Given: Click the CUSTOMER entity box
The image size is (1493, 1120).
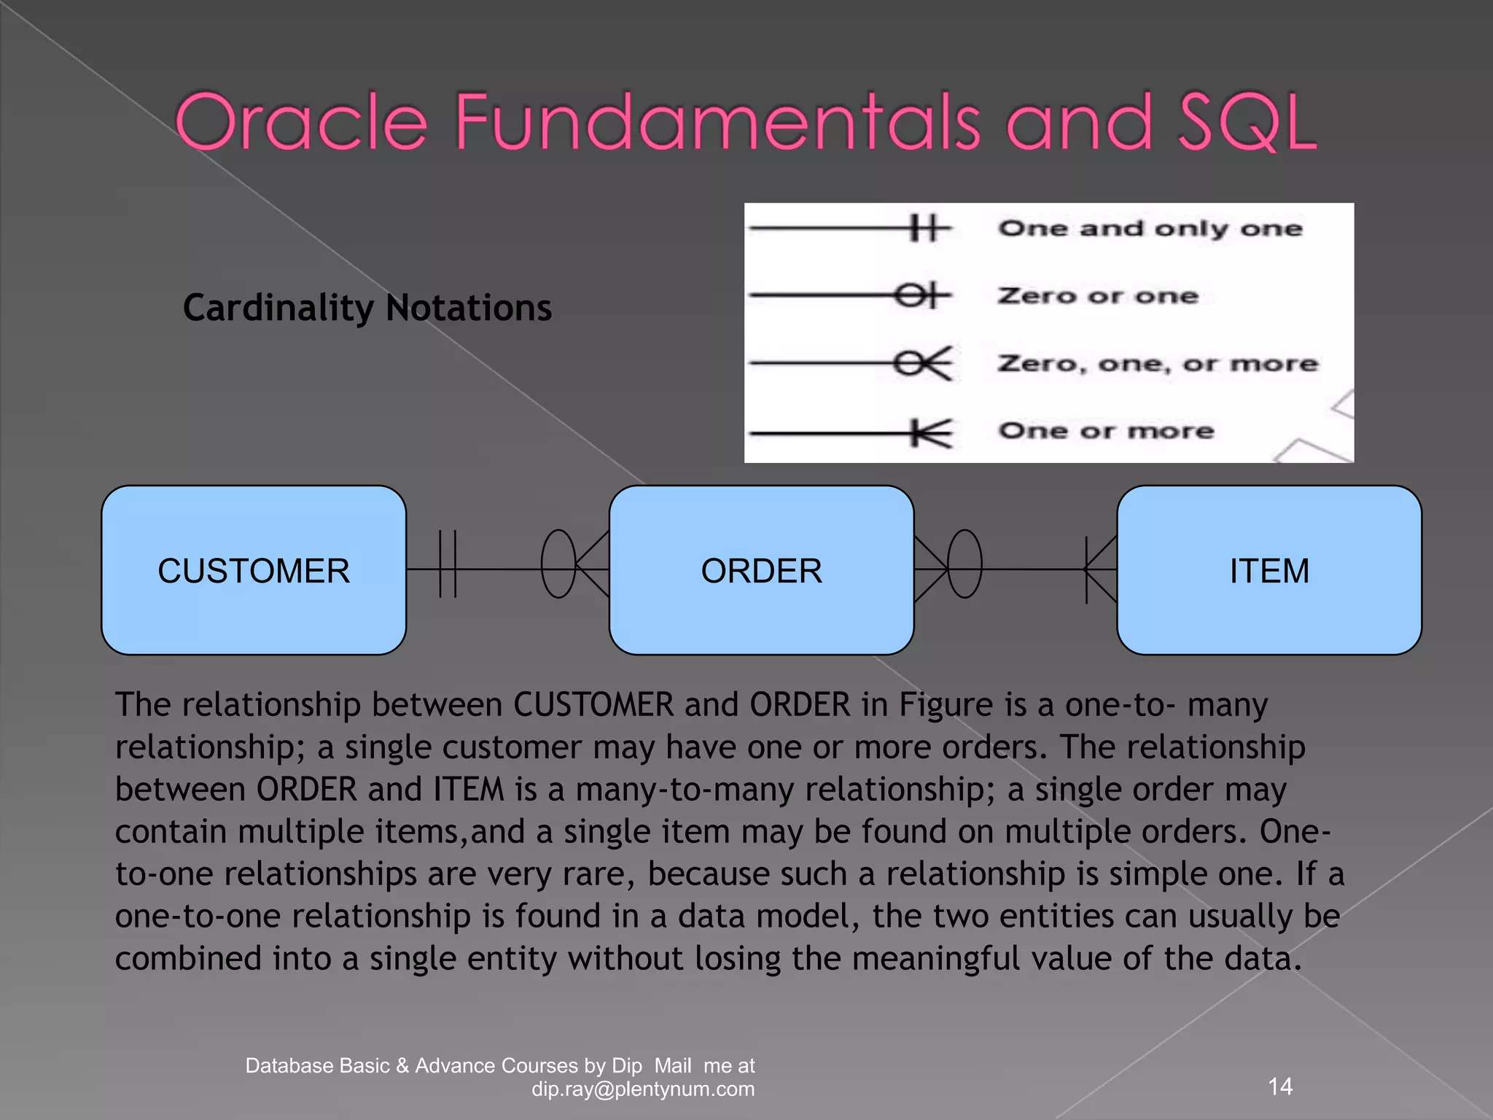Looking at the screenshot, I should (254, 570).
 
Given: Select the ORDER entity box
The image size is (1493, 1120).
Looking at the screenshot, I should (761, 570).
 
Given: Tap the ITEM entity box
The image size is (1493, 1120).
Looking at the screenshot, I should (1268, 570).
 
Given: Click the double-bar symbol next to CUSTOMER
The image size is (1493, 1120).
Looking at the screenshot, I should (448, 564).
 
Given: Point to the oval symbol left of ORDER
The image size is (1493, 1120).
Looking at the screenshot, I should (558, 564).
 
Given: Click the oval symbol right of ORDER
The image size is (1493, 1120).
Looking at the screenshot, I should (964, 564).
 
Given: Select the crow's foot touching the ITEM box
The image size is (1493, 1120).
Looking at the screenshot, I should (1101, 569).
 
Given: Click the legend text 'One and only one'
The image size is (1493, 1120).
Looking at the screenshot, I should (1150, 229).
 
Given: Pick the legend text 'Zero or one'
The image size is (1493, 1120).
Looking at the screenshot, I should (1097, 296).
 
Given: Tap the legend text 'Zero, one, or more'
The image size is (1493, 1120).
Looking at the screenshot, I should (1158, 363).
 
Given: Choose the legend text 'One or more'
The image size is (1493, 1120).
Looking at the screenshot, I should (1106, 431).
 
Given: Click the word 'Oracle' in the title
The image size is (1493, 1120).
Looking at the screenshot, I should (301, 122).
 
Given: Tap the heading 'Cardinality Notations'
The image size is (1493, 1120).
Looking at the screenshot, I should (367, 308).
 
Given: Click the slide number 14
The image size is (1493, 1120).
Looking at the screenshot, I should (1280, 1086).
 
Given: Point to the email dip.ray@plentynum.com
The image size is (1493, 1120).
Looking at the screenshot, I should (643, 1089).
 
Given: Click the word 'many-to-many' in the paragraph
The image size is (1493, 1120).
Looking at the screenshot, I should (685, 790).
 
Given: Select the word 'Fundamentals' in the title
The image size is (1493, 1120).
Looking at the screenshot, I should (718, 122).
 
